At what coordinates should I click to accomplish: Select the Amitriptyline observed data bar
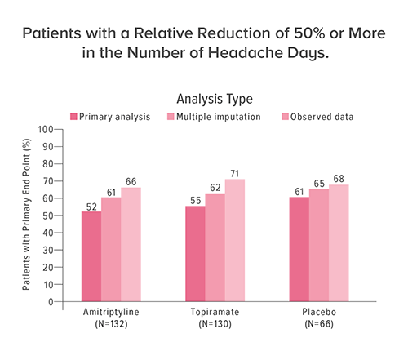(131, 245)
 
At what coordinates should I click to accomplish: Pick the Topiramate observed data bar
(235, 240)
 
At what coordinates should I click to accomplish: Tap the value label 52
(91, 206)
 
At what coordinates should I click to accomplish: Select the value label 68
(339, 178)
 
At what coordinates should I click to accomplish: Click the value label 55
(194, 200)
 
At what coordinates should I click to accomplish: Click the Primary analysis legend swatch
(73, 117)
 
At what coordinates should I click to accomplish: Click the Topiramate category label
(215, 313)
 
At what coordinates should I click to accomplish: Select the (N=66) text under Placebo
(319, 324)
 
